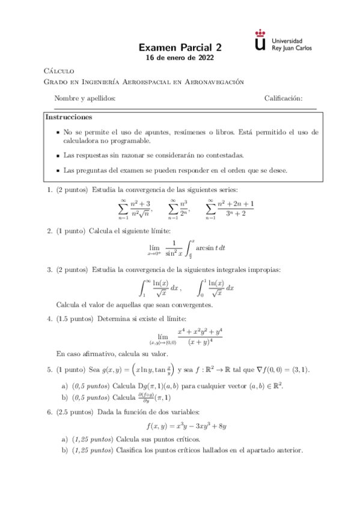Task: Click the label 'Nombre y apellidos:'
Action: tap(85, 99)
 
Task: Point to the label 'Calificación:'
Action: tap(283, 99)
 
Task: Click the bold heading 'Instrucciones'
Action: tap(69, 117)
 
